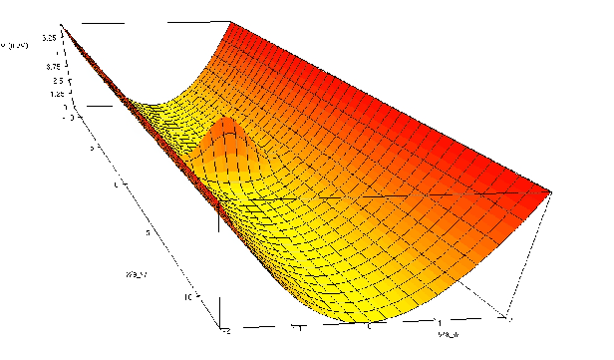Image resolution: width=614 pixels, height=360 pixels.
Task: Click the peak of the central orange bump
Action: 227,122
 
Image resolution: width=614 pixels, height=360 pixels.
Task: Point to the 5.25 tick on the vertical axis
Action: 48,35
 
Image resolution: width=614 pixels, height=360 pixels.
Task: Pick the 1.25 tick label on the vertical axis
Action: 56,94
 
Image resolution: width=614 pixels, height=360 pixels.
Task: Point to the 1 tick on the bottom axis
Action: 441,323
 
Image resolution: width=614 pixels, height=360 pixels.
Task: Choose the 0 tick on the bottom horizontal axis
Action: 369,326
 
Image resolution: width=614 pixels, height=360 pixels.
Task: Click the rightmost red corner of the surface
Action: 552,189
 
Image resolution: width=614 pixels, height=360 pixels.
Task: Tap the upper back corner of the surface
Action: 230,21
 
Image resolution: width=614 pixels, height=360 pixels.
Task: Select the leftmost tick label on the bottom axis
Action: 228,329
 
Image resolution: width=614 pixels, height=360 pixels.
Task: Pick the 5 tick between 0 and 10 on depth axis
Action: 148,232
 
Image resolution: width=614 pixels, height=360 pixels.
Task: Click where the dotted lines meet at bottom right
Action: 509,318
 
